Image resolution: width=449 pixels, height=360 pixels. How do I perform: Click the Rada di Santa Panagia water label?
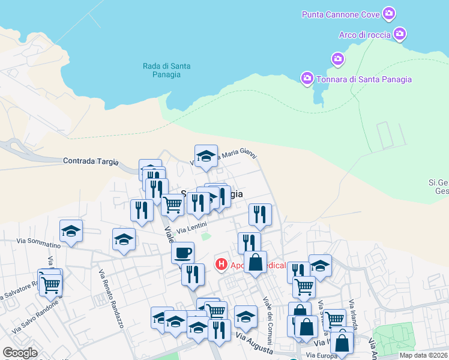(x=162, y=70)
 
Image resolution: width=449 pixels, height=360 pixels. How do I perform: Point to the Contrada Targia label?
(x=91, y=161)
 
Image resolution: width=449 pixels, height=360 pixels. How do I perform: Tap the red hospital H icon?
(x=221, y=264)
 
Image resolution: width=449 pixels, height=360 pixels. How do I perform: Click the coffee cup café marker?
(x=182, y=252)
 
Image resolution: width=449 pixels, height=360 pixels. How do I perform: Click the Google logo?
(x=20, y=353)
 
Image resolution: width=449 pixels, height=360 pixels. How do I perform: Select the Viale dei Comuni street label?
(x=269, y=317)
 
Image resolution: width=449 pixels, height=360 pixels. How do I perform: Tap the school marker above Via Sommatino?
(x=71, y=231)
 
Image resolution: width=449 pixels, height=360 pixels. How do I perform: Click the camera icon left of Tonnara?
(x=307, y=78)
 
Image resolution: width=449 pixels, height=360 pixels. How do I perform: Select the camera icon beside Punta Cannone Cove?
(x=389, y=13)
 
